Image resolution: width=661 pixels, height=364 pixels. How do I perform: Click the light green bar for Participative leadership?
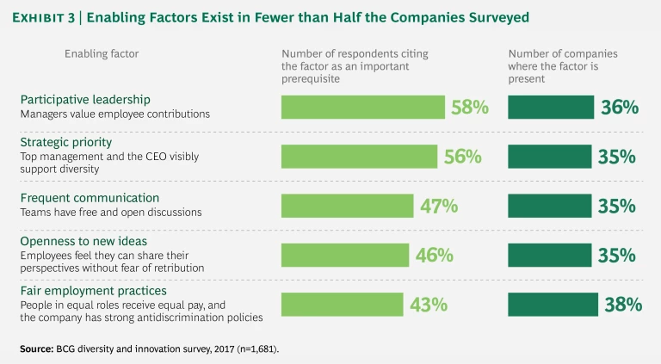coord(362,107)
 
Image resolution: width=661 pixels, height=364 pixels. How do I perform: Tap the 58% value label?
coord(470,108)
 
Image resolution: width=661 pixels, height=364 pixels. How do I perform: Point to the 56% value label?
coord(462,157)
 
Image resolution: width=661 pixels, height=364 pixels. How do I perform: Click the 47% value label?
coord(438,206)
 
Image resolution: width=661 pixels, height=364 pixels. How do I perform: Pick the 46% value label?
coord(434,255)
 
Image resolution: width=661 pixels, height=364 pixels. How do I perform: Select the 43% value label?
coord(427,305)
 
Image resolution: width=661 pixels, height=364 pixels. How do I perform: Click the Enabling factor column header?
coord(102,53)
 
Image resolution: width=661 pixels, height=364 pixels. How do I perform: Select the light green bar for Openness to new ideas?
coord(345,255)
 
